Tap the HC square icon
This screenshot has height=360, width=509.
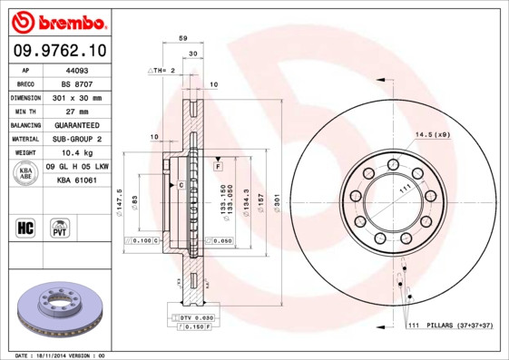pos(25,226)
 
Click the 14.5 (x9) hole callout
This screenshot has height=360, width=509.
pos(432,135)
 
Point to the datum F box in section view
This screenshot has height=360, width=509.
pos(219,167)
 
